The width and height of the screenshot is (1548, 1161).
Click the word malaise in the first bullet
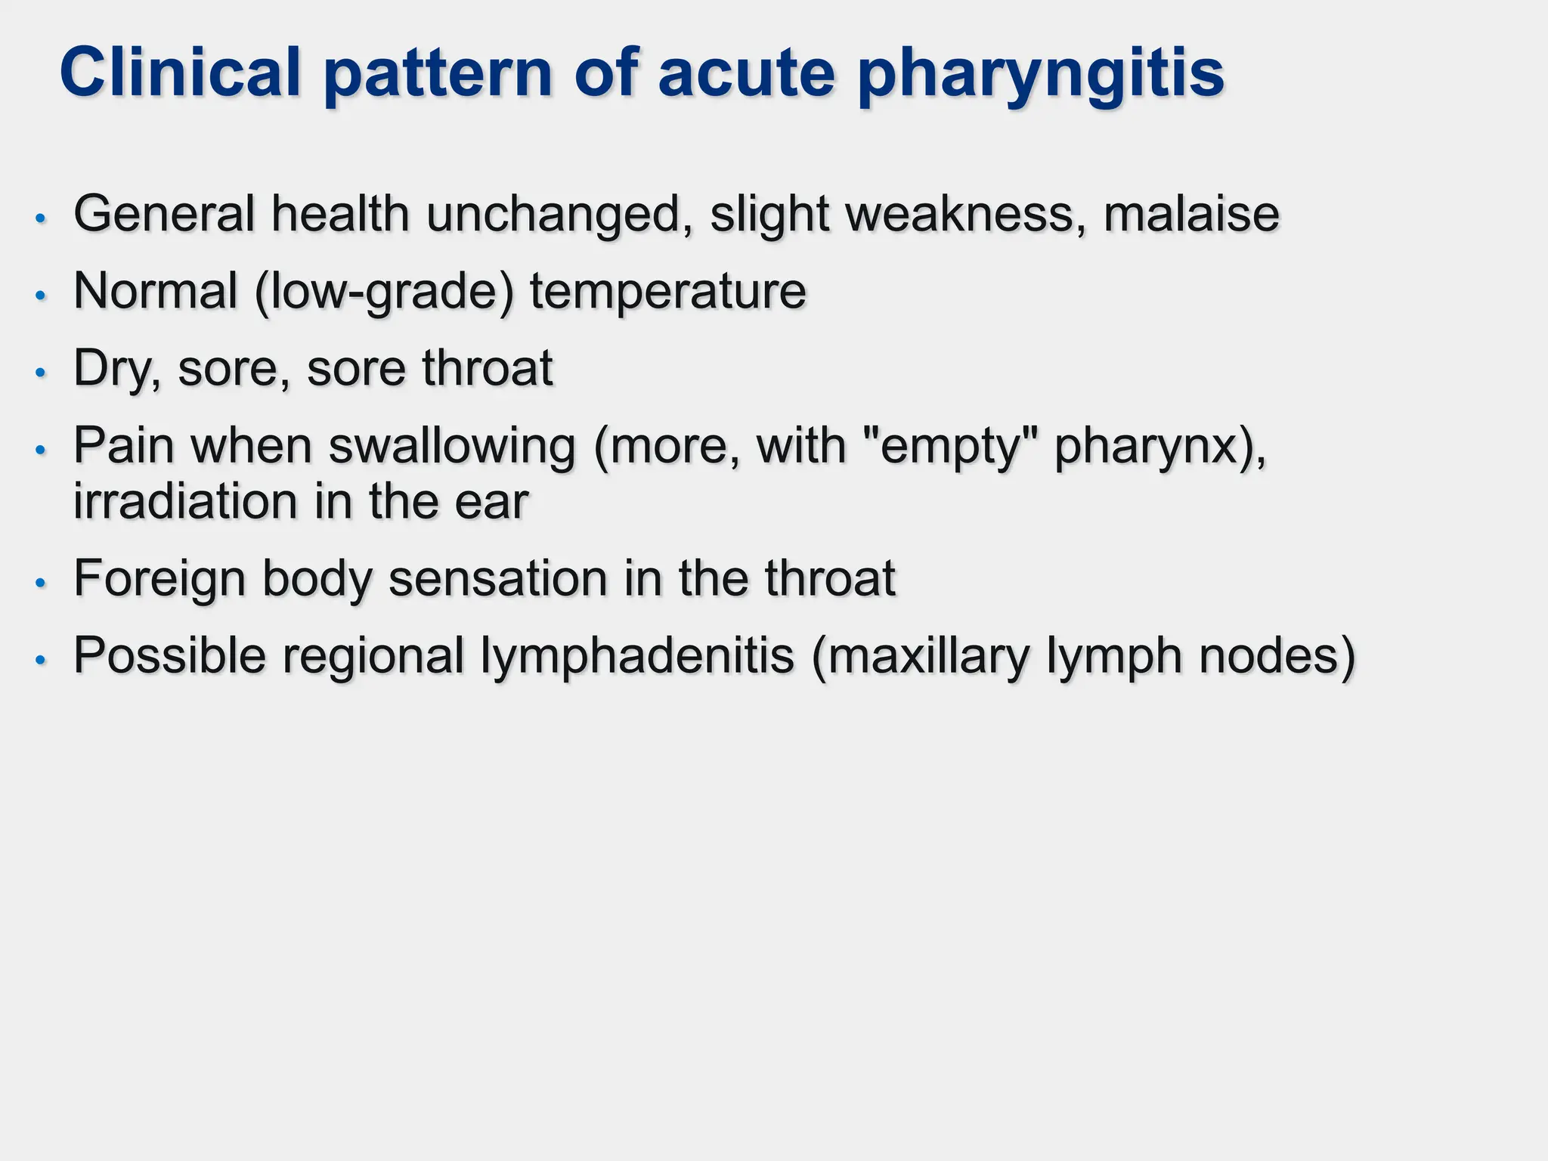[x=1191, y=214]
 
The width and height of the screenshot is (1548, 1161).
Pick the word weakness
[x=959, y=214]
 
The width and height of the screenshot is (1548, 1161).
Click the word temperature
[x=667, y=293]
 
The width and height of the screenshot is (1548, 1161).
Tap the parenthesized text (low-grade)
[x=384, y=293]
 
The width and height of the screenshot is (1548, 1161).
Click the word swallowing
[x=452, y=447]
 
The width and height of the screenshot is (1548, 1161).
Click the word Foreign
[x=159, y=580]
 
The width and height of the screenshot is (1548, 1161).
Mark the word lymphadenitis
[x=637, y=656]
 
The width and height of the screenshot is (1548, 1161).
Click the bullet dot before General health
[x=41, y=218]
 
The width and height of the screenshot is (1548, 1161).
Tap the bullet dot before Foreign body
[x=41, y=583]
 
